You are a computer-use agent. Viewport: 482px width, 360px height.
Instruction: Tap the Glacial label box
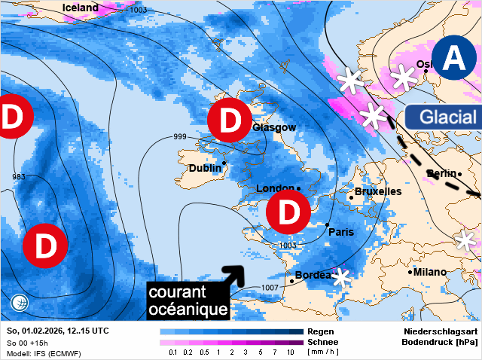point(448,117)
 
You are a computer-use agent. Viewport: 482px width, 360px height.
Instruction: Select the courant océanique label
point(188,301)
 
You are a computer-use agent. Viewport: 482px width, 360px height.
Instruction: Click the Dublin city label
point(205,168)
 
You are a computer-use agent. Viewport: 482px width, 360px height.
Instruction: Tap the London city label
point(274,188)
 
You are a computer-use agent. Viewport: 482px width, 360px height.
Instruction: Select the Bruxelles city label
point(378,191)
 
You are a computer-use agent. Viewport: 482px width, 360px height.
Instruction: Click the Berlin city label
point(441,174)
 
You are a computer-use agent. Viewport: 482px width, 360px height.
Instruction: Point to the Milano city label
point(430,272)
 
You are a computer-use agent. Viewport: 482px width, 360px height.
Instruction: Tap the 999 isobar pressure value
point(180,136)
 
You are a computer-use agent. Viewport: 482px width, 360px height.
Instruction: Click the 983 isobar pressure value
point(20,177)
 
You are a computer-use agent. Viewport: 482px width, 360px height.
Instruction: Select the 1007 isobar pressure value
point(270,288)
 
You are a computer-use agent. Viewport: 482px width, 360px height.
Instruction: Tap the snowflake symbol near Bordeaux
point(342,277)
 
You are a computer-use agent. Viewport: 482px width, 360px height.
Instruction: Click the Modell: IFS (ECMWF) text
point(43,352)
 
